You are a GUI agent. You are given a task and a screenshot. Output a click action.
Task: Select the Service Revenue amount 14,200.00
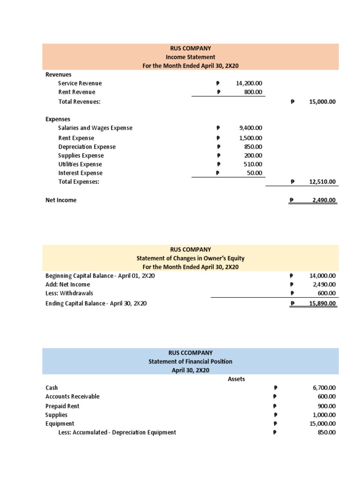tap(250, 83)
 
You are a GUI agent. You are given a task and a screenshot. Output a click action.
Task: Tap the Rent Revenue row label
tap(76, 92)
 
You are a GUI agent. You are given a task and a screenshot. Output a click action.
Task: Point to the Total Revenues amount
tap(322, 101)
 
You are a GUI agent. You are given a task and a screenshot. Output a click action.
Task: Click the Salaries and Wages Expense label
tap(95, 128)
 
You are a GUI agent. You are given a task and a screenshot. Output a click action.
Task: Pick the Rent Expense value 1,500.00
tap(251, 138)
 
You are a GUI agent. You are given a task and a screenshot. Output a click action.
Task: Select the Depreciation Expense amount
tap(254, 147)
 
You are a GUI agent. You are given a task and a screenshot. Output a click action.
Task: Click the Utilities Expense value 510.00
tap(254, 165)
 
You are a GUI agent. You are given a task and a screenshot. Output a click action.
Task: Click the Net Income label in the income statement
tap(61, 200)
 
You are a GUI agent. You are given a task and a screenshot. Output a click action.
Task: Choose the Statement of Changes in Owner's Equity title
tap(190, 258)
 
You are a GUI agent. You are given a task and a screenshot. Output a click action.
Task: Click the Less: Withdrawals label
tap(69, 293)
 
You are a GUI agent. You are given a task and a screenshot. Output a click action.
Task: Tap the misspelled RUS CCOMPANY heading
tap(190, 352)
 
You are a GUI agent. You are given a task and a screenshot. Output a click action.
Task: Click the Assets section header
tap(236, 379)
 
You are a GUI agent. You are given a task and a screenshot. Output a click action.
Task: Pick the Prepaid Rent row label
tap(62, 406)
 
